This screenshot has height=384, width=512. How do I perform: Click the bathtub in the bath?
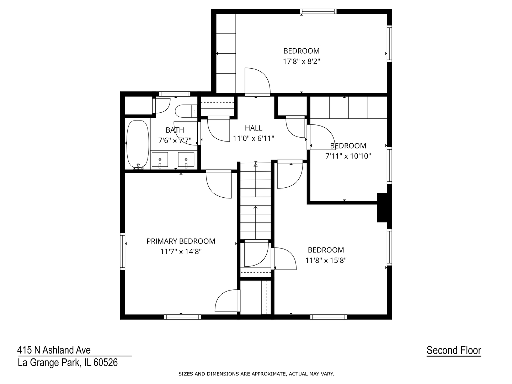point(138,145)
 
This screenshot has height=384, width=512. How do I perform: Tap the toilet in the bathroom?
point(186,111)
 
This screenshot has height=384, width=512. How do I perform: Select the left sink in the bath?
point(160,160)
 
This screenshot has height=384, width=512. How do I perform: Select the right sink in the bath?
point(186,160)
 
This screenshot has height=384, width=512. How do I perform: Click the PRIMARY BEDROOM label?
point(181,241)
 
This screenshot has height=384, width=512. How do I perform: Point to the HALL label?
point(254,128)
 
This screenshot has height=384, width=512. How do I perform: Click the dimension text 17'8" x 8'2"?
point(302,62)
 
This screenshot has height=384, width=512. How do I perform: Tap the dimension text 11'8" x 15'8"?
point(326,260)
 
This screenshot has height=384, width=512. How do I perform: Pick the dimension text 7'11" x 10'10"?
point(348,156)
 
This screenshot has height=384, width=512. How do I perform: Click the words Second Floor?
point(454,350)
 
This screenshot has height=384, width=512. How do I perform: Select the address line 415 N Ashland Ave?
point(54,350)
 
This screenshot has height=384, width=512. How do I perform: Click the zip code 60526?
point(106,363)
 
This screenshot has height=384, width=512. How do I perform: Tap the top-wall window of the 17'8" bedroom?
point(318,11)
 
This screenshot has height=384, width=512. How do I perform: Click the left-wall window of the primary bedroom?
point(122,252)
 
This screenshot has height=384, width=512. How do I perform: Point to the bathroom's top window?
point(175,94)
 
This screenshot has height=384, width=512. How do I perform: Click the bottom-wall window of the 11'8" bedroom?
point(329,317)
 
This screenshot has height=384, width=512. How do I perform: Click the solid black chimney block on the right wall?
point(383,208)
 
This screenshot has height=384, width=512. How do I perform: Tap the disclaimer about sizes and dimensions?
point(256,374)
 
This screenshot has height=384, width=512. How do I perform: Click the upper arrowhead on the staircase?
point(256,165)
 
